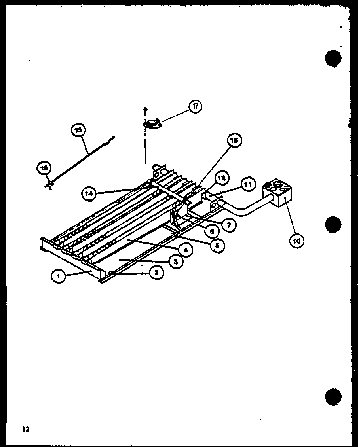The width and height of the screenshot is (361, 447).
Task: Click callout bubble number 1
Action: click(x=58, y=277)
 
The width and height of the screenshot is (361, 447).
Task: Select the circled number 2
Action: click(x=157, y=272)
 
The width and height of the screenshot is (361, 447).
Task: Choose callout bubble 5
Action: click(x=217, y=246)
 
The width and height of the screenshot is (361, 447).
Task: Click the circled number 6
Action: click(x=212, y=232)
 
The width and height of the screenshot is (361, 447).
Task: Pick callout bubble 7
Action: click(x=229, y=225)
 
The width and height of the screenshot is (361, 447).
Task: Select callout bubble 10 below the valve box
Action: click(x=296, y=240)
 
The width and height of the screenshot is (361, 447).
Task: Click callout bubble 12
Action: click(x=222, y=178)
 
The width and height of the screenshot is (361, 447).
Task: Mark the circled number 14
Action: click(x=89, y=193)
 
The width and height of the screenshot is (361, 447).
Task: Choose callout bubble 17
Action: click(x=195, y=106)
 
